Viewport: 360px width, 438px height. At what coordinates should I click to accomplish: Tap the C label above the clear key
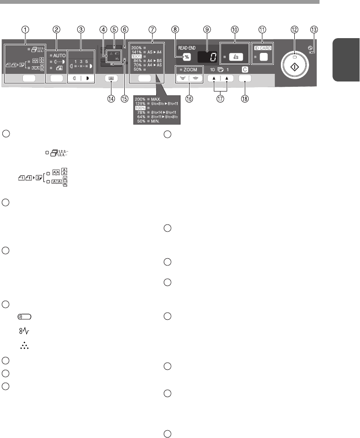pos(245,70)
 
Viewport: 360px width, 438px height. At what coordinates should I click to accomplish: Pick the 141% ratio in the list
pos(138,53)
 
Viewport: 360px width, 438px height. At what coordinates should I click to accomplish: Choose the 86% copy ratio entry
pos(138,61)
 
